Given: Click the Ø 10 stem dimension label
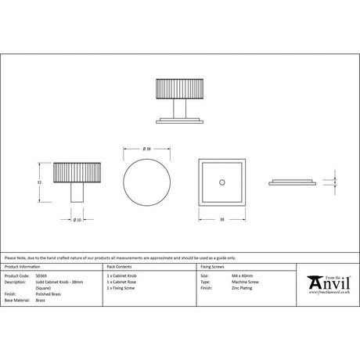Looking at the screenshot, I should pos(77,219).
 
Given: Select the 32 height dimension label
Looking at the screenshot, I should pos(40,181).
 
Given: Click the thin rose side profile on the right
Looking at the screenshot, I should pos(293,182).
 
